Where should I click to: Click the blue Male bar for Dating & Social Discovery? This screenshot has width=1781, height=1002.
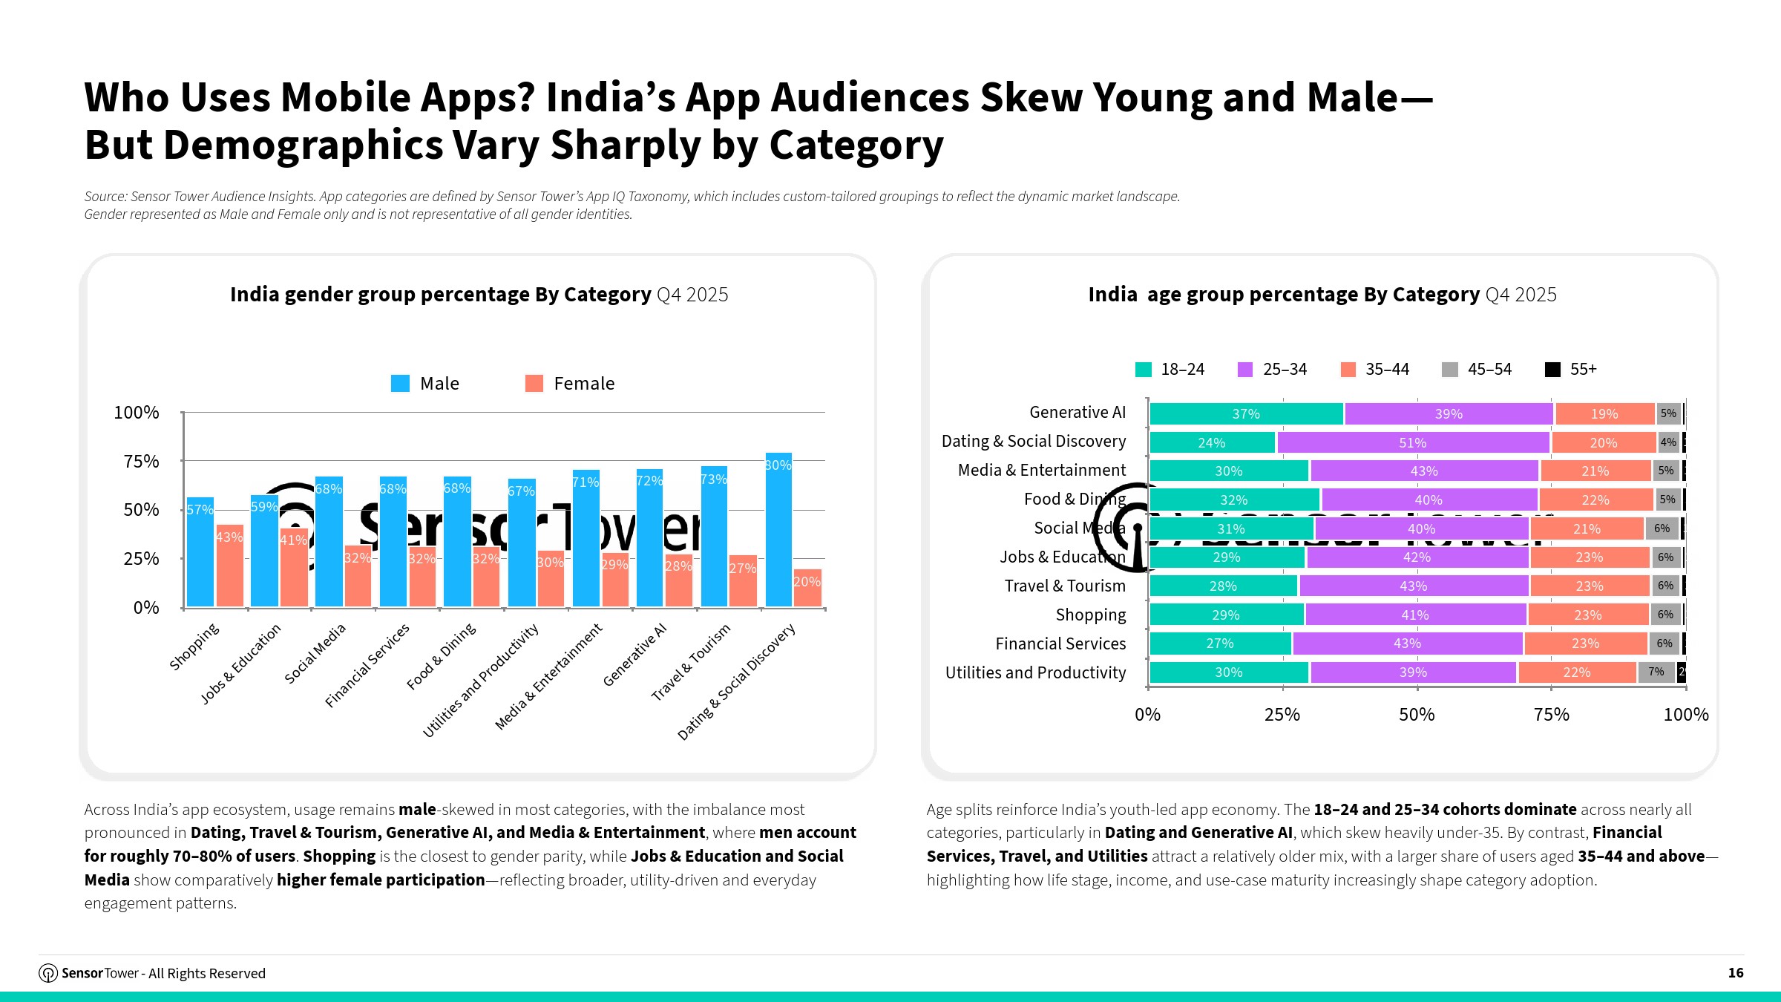click(778, 530)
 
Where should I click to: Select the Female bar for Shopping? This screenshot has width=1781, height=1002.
click(229, 566)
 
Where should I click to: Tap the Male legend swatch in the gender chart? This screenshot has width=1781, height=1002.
click(400, 383)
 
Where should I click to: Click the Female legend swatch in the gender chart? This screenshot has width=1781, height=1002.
click(534, 383)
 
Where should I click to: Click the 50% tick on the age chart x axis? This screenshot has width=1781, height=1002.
click(1417, 714)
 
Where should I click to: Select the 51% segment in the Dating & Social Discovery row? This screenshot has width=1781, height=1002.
click(1412, 442)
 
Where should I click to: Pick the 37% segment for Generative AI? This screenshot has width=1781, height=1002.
click(1246, 413)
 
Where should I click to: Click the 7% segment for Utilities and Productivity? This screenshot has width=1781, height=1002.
click(1656, 672)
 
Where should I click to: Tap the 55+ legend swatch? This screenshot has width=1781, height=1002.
click(1552, 369)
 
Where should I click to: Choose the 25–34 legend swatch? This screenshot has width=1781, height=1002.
click(1245, 369)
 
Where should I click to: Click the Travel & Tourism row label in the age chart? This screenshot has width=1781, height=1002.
click(1064, 586)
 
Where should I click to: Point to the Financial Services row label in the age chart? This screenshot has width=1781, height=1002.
click(1060, 644)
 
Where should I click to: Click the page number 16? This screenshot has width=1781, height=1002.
click(1736, 972)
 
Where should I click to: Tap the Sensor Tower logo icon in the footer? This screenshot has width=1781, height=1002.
click(48, 973)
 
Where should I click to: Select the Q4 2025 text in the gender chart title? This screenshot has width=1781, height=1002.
click(692, 295)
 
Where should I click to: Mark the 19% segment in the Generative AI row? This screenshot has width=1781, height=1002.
click(1604, 413)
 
